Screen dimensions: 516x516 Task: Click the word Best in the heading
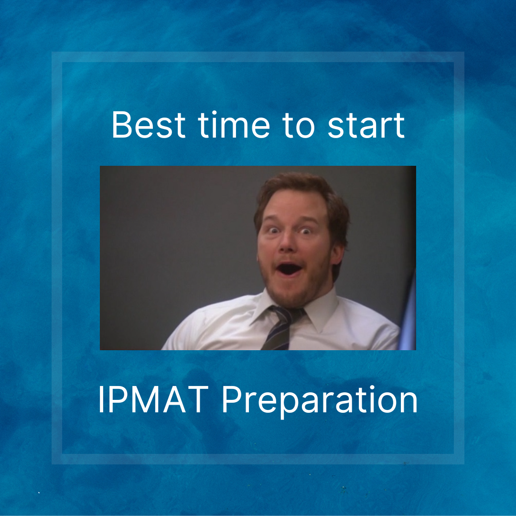pyautogui.click(x=149, y=125)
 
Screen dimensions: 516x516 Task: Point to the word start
pyautogui.click(x=366, y=126)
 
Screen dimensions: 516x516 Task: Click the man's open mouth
pyautogui.click(x=289, y=269)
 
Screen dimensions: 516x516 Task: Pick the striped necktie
pyautogui.click(x=282, y=327)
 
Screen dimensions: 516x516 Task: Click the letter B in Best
pyautogui.click(x=122, y=125)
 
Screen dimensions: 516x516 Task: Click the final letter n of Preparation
pyautogui.click(x=408, y=403)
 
